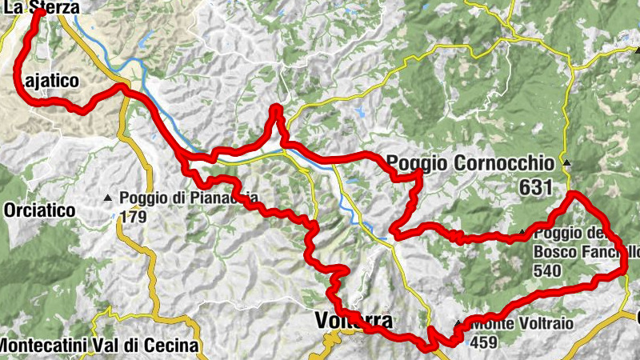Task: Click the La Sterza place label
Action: click(39, 7)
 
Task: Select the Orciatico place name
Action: click(39, 210)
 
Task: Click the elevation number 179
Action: click(132, 216)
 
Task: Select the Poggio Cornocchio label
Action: click(470, 164)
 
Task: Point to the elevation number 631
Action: click(535, 189)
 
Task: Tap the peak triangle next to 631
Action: click(567, 164)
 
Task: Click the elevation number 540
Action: click(551, 270)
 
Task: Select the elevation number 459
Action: click(485, 342)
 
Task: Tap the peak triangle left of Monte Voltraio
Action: click(458, 324)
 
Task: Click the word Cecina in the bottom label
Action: click(177, 346)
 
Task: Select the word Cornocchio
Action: click(502, 164)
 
